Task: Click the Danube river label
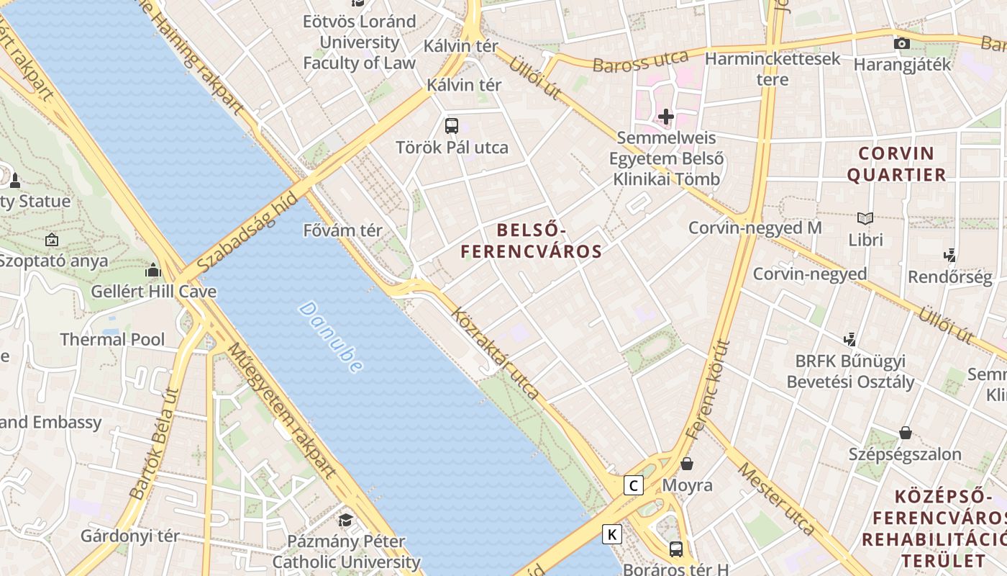pyautogui.click(x=330, y=337)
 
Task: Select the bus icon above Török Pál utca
pyautogui.click(x=452, y=126)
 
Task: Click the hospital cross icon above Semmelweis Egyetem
pyautogui.click(x=666, y=116)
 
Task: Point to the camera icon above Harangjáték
pyautogui.click(x=901, y=43)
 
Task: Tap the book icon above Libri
pyautogui.click(x=865, y=218)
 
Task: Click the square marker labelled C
pyautogui.click(x=633, y=485)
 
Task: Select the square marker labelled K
pyautogui.click(x=612, y=534)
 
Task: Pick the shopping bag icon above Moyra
pyautogui.click(x=687, y=464)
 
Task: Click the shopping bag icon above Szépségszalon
pyautogui.click(x=905, y=433)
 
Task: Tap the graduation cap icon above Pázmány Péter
pyautogui.click(x=346, y=520)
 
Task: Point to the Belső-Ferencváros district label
pyautogui.click(x=532, y=240)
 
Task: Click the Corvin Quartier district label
pyautogui.click(x=896, y=164)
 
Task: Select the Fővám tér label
pyautogui.click(x=343, y=230)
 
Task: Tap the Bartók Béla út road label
pyautogui.click(x=154, y=444)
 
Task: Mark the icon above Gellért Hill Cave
pyautogui.click(x=152, y=271)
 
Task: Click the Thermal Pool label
pyautogui.click(x=112, y=339)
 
